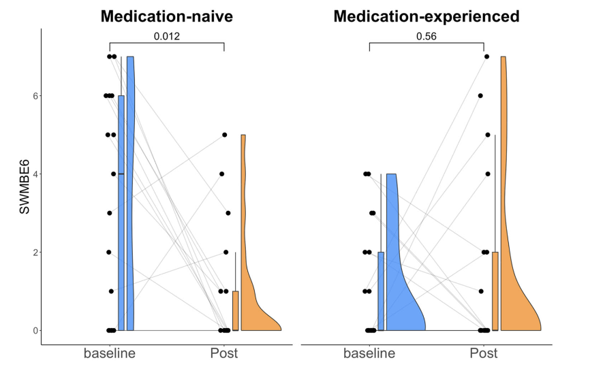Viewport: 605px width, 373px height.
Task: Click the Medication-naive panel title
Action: coord(167,16)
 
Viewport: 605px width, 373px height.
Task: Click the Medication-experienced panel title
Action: coord(426,16)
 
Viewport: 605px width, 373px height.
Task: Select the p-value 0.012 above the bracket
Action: coord(167,36)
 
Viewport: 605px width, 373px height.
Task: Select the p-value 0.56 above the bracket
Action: coord(426,36)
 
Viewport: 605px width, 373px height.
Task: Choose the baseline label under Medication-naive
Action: coord(110,353)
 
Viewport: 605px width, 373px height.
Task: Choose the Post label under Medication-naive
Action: coord(224,353)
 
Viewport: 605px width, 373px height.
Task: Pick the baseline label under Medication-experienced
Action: coord(369,353)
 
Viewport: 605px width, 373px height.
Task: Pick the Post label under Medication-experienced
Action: coord(484,353)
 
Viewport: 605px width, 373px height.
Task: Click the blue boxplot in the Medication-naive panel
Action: coord(121,204)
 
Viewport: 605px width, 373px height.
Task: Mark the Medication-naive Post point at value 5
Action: coord(224,135)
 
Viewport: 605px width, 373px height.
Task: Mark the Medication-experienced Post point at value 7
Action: coord(486,56)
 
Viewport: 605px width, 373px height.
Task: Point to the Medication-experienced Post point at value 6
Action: coord(480,96)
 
